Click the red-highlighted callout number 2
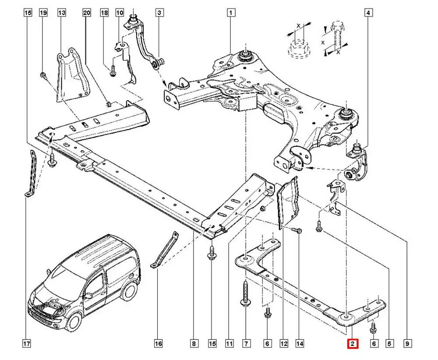tap(353, 344)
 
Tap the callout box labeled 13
tap(62, 13)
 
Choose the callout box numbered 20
tap(86, 13)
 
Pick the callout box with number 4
tap(368, 13)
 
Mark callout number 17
tap(27, 344)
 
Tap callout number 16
tap(159, 344)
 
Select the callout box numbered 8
tap(194, 344)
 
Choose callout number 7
tap(246, 344)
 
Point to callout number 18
tap(104, 13)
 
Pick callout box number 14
tap(300, 344)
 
